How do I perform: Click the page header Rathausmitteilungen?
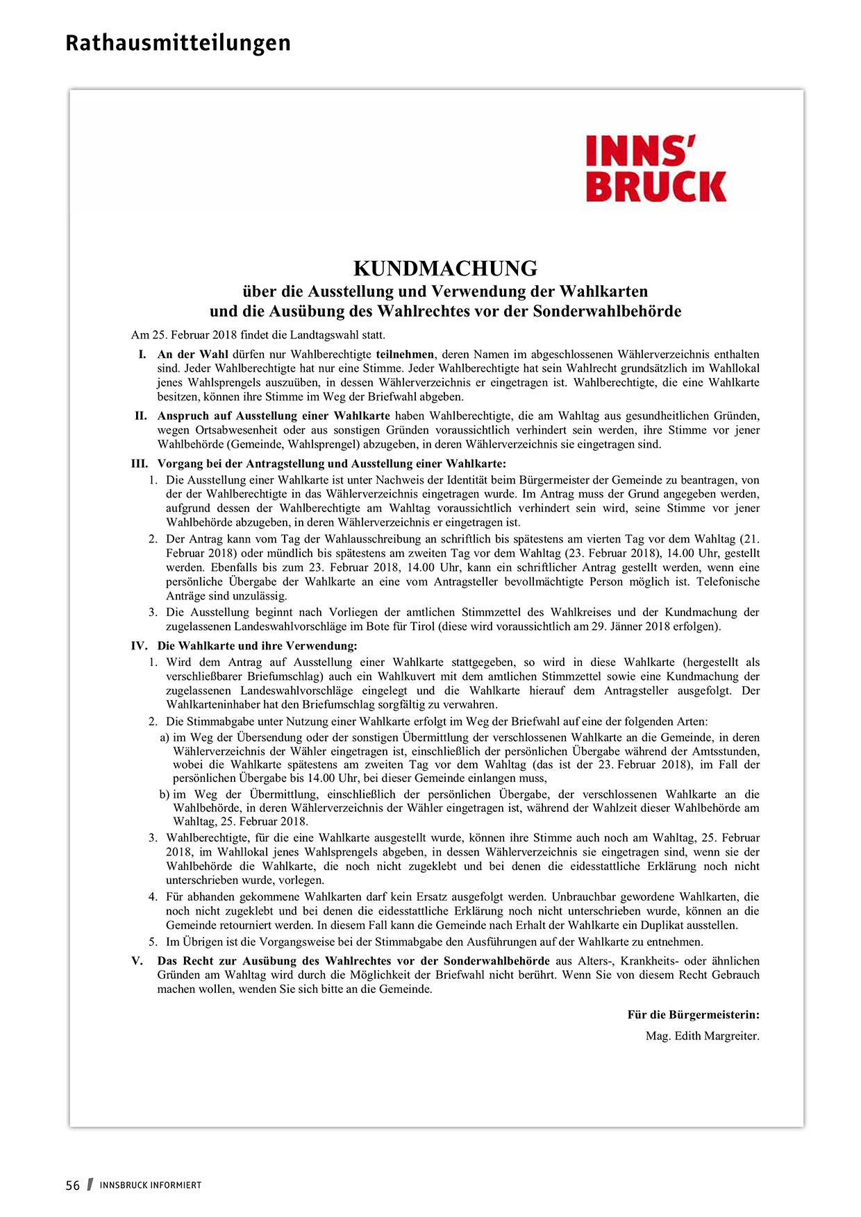click(x=178, y=43)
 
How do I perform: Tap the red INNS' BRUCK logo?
click(x=655, y=169)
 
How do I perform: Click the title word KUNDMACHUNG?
click(x=445, y=269)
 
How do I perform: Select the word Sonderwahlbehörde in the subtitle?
click(x=607, y=311)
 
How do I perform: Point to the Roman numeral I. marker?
click(x=142, y=355)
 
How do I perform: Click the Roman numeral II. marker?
click(x=141, y=416)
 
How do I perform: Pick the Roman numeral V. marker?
click(x=137, y=961)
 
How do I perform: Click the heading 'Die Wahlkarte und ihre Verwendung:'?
click(x=257, y=646)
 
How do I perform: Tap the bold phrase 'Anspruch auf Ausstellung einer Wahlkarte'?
click(x=274, y=416)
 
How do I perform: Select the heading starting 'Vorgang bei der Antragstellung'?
click(x=331, y=464)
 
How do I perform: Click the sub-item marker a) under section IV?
click(x=165, y=738)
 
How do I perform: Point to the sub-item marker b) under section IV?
click(x=165, y=794)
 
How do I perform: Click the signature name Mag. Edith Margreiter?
click(x=702, y=1037)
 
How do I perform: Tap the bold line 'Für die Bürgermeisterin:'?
click(x=693, y=1015)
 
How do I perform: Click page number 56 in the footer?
click(x=73, y=1186)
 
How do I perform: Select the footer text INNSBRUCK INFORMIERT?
click(x=150, y=1186)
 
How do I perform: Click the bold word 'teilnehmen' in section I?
click(x=406, y=355)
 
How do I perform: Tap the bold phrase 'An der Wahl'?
click(x=192, y=355)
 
